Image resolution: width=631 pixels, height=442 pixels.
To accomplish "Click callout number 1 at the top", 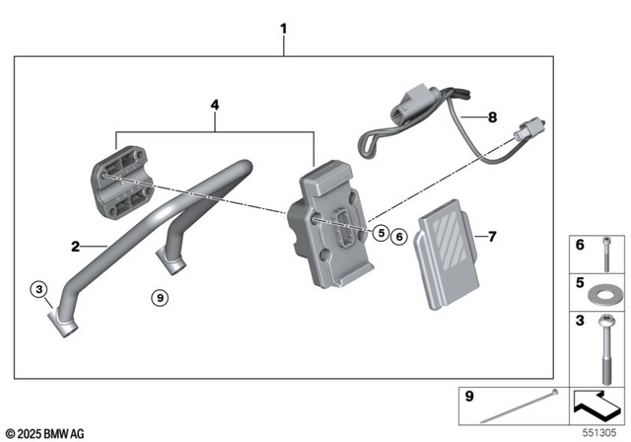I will coord(283,29).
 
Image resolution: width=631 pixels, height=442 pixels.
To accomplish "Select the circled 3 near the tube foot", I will coord(38,288).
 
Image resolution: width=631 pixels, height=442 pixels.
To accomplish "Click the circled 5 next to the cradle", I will coord(381,234).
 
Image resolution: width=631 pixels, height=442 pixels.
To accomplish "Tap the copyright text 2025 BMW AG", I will coord(46,431).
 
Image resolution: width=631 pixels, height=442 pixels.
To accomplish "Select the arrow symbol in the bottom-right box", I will coord(597,404).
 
